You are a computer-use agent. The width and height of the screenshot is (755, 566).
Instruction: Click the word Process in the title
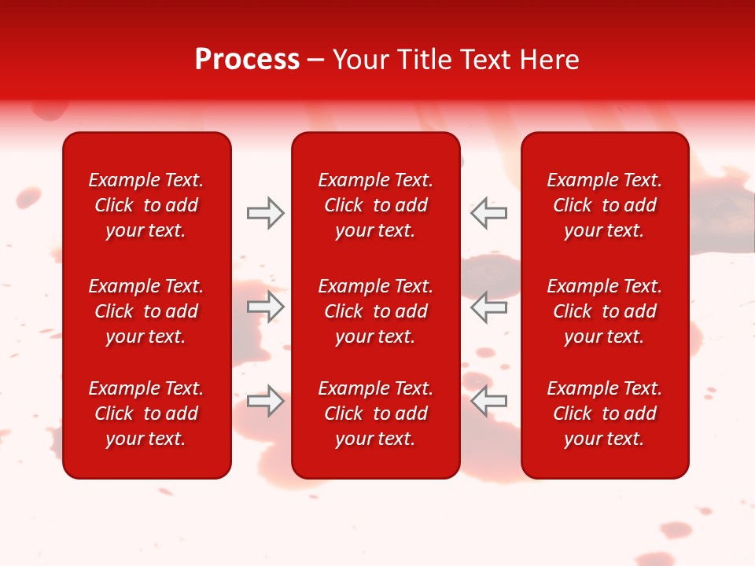point(247,60)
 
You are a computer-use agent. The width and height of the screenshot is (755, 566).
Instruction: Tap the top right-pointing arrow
point(266,213)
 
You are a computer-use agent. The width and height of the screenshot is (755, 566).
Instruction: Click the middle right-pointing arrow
point(266,307)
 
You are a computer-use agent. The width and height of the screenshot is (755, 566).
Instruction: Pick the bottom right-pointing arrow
point(266,401)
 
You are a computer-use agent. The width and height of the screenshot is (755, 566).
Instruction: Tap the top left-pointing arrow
point(488,213)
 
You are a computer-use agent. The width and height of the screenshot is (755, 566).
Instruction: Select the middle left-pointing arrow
point(488,307)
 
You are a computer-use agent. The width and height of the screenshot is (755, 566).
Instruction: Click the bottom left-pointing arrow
point(488,401)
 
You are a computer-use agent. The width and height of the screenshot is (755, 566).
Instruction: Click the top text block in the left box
point(146,205)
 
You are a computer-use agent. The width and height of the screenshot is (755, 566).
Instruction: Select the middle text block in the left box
point(146,311)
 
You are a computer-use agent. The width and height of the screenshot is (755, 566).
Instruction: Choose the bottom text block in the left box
point(146,413)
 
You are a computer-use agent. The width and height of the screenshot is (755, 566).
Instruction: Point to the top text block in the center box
point(375,205)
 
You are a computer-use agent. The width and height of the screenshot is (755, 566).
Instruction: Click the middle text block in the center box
point(375,311)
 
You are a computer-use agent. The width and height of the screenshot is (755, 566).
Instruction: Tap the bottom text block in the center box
point(375,413)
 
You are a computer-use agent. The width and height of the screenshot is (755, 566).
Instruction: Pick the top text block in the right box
point(604,205)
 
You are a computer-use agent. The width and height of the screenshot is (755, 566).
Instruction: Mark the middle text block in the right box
point(604,311)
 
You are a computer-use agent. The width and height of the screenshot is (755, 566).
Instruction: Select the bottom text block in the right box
point(604,413)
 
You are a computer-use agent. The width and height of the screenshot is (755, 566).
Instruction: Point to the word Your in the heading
point(359,60)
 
